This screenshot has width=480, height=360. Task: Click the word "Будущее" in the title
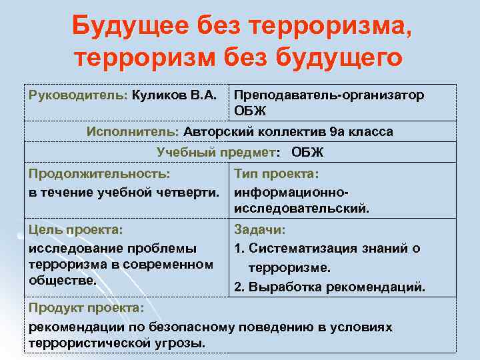click(131, 27)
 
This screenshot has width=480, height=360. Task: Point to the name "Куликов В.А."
click(174, 95)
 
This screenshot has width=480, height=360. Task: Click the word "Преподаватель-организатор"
click(329, 95)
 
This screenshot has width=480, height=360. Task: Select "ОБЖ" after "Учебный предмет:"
click(307, 152)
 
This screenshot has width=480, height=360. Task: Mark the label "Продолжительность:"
click(99, 173)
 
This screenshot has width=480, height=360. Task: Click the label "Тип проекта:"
click(277, 173)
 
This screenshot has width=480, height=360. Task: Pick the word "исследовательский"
click(301, 209)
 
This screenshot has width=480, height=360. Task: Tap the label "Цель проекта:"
click(76, 229)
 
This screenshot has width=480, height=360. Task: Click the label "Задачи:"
click(259, 229)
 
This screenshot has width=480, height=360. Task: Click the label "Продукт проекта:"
click(86, 309)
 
